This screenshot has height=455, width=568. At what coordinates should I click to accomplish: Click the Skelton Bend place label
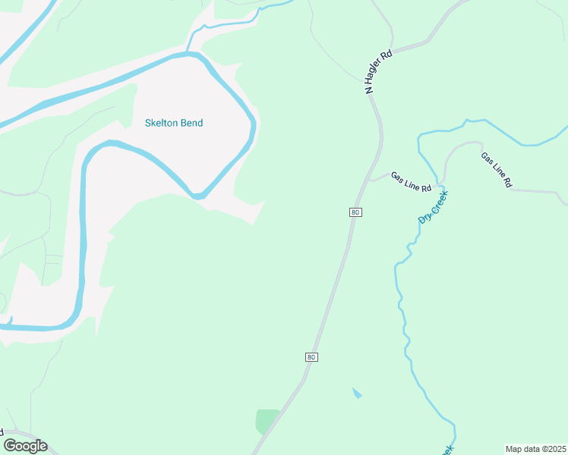click(x=174, y=123)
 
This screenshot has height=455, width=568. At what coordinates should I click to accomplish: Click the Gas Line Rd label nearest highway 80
click(x=411, y=182)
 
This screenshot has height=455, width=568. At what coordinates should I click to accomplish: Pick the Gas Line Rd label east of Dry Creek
click(x=497, y=170)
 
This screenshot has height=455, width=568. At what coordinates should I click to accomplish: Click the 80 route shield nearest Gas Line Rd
click(x=355, y=212)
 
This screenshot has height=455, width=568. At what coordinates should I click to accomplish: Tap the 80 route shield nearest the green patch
click(x=311, y=356)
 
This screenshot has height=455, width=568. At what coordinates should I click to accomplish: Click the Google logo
click(x=25, y=446)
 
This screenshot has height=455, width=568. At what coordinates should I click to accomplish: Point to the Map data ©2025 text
click(x=535, y=448)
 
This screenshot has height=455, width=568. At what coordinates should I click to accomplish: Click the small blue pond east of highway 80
click(x=357, y=394)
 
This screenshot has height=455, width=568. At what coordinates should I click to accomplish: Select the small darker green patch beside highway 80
click(x=267, y=420)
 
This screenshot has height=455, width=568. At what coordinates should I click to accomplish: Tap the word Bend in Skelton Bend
click(x=192, y=123)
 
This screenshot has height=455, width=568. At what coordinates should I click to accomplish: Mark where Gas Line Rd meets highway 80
click(x=369, y=180)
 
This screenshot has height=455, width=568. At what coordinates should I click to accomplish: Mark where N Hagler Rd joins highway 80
click(x=371, y=96)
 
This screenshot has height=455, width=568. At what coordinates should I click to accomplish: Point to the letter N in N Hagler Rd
click(x=369, y=89)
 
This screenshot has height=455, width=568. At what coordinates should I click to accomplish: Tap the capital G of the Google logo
click(x=10, y=445)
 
